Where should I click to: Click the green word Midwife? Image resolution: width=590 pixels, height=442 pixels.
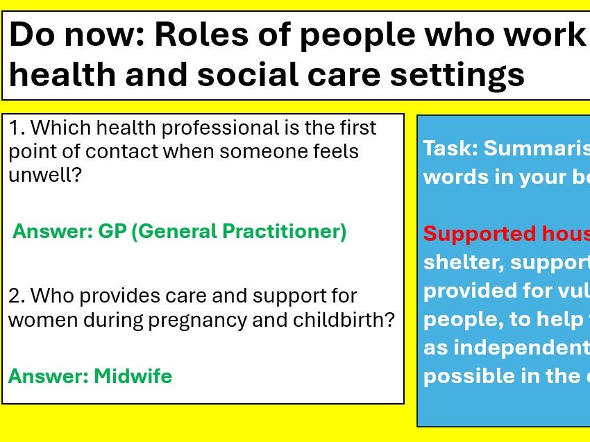tap(133, 376)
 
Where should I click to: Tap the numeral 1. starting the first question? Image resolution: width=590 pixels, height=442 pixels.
tap(17, 128)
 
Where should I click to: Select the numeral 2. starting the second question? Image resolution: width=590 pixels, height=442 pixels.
tap(17, 296)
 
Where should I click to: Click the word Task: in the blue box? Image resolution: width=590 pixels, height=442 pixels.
tap(450, 148)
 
